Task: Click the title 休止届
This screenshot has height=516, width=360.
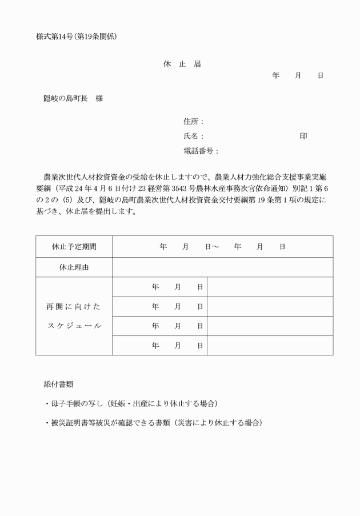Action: pyautogui.click(x=182, y=64)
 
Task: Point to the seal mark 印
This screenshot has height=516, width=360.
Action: pyautogui.click(x=303, y=137)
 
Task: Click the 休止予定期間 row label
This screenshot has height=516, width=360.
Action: pyautogui.click(x=74, y=247)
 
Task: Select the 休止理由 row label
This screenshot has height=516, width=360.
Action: pyautogui.click(x=74, y=267)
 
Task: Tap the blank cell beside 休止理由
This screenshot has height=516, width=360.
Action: pyautogui.click(x=222, y=267)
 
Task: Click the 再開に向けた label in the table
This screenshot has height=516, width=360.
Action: pyautogui.click(x=74, y=307)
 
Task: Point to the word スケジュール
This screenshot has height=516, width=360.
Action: pyautogui.click(x=74, y=326)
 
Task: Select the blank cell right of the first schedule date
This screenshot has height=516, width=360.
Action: pyautogui.click(x=270, y=287)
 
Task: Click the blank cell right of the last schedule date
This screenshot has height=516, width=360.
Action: pyautogui.click(x=270, y=345)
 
